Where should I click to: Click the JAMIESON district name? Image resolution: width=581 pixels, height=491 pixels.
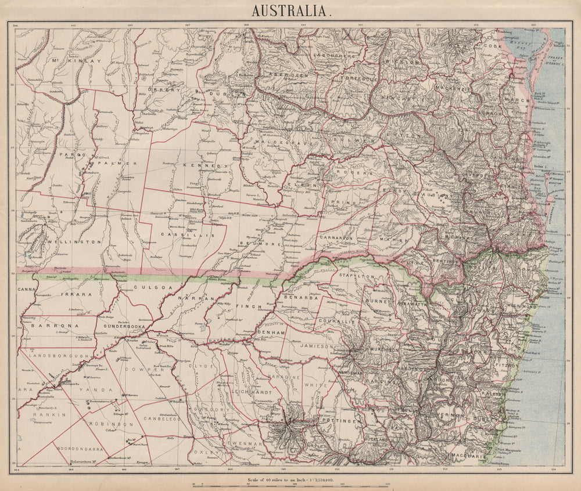point(314,346)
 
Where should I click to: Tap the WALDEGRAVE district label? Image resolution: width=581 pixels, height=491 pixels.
point(277,143)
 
